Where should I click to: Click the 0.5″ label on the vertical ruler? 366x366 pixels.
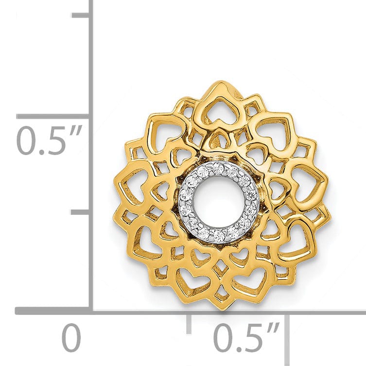coord(49,140)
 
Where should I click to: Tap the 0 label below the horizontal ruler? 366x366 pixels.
coord(71,339)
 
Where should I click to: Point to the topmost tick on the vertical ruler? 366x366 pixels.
coord(81,15)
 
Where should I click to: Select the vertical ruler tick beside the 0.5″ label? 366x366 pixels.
coord(53,116)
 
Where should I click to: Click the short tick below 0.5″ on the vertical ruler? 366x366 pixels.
coord(81,212)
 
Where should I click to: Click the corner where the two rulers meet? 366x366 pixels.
coord(91,311)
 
